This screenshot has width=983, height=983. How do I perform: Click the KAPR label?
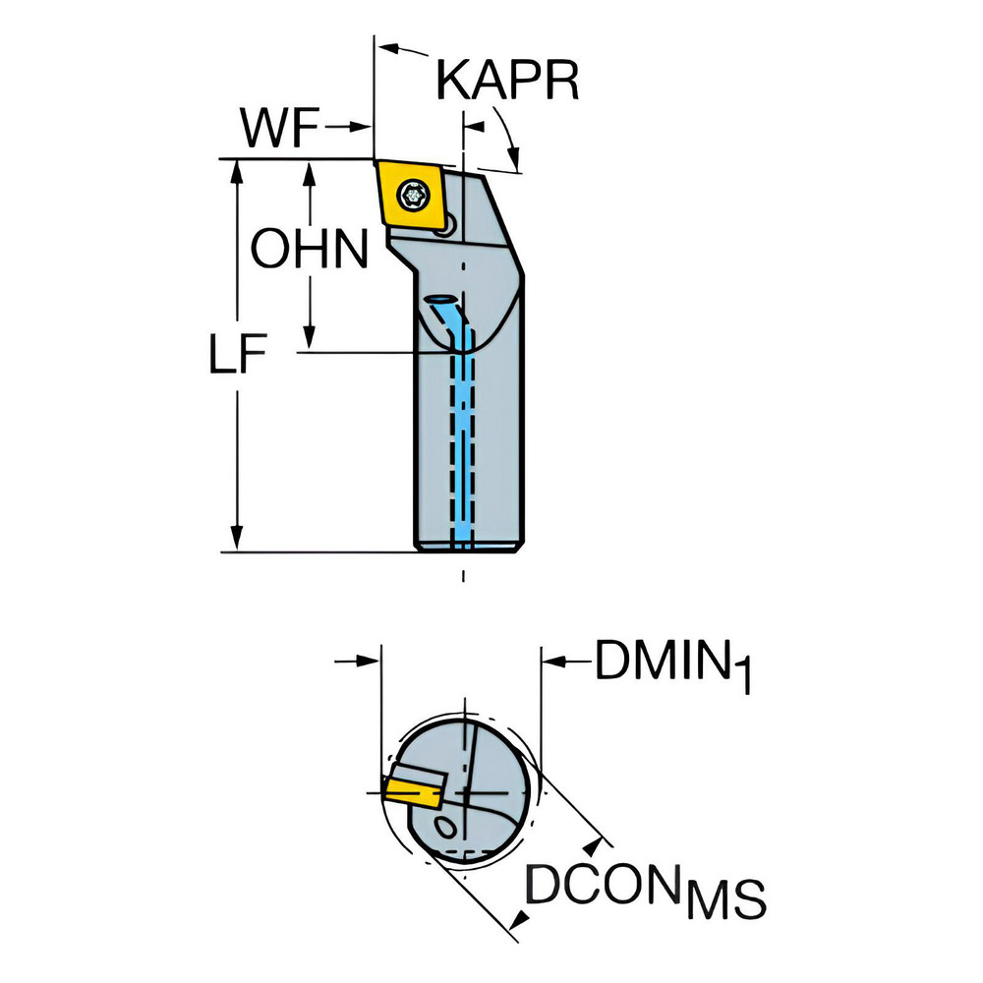click(x=507, y=81)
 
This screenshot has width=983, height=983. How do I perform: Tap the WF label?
click(x=280, y=128)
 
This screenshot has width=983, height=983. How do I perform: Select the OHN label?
click(x=309, y=249)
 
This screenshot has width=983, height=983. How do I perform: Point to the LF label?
click(x=238, y=354)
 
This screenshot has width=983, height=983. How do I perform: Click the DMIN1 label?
click(x=672, y=665)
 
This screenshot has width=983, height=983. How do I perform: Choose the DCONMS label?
click(x=645, y=886)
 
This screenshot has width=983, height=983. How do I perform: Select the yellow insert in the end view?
click(x=412, y=791)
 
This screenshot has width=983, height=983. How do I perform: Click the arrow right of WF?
click(x=347, y=127)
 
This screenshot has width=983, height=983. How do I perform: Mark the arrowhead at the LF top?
click(x=237, y=173)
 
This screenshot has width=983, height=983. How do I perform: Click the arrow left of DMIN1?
click(x=565, y=661)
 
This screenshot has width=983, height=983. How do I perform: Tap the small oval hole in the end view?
click(x=447, y=828)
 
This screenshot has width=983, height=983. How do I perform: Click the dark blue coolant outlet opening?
click(x=441, y=299)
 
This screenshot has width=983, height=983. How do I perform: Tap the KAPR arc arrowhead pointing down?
click(x=513, y=157)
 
